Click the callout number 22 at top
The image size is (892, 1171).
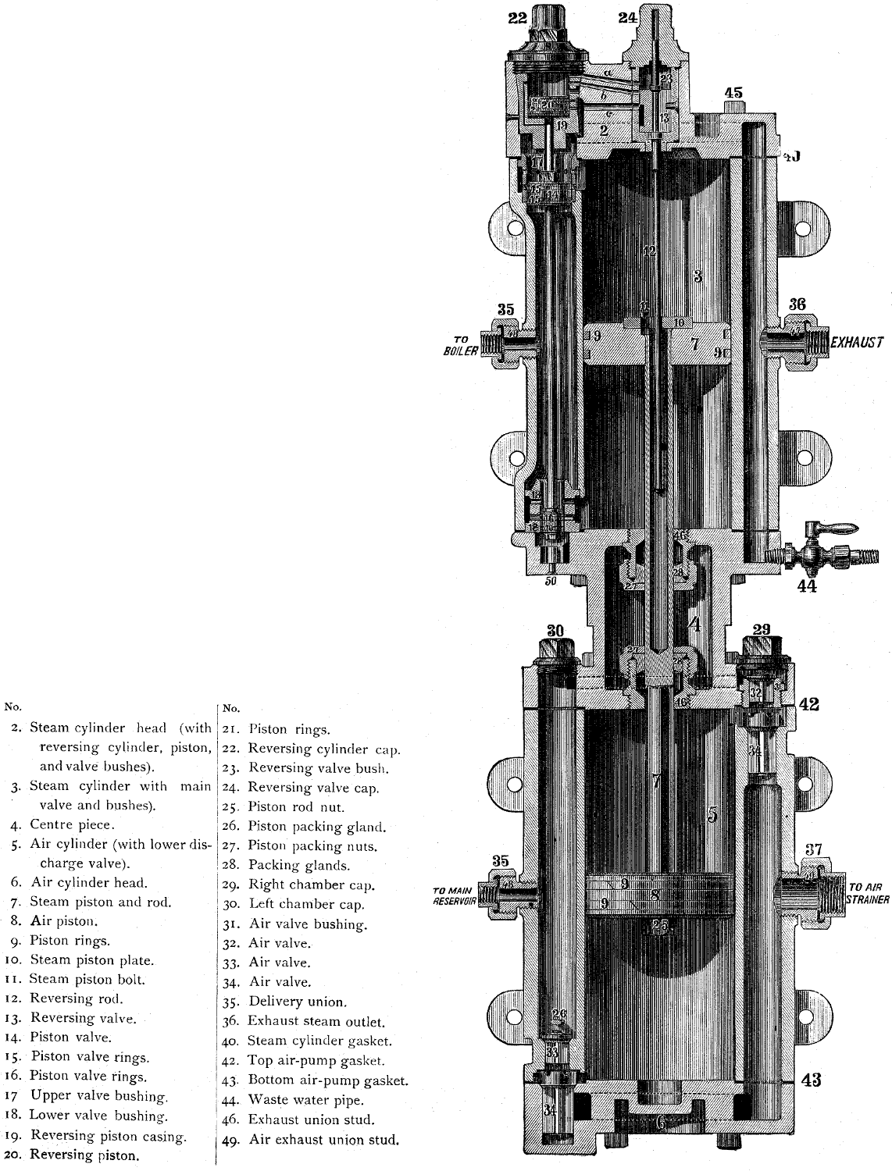[517, 18]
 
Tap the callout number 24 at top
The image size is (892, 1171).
[628, 18]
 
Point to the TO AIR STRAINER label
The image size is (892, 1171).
[868, 893]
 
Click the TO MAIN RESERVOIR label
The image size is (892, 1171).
[455, 895]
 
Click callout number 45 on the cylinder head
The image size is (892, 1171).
[733, 93]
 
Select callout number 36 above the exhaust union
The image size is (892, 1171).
[796, 305]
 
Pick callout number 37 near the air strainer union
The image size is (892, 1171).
[814, 849]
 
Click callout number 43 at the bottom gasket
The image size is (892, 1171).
[811, 1080]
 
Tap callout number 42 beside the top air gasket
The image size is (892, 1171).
[809, 704]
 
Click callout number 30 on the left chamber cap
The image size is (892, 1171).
[555, 630]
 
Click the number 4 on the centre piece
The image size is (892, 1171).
[694, 625]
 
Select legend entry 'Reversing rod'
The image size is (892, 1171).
[77, 998]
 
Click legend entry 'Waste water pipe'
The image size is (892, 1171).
[305, 1100]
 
